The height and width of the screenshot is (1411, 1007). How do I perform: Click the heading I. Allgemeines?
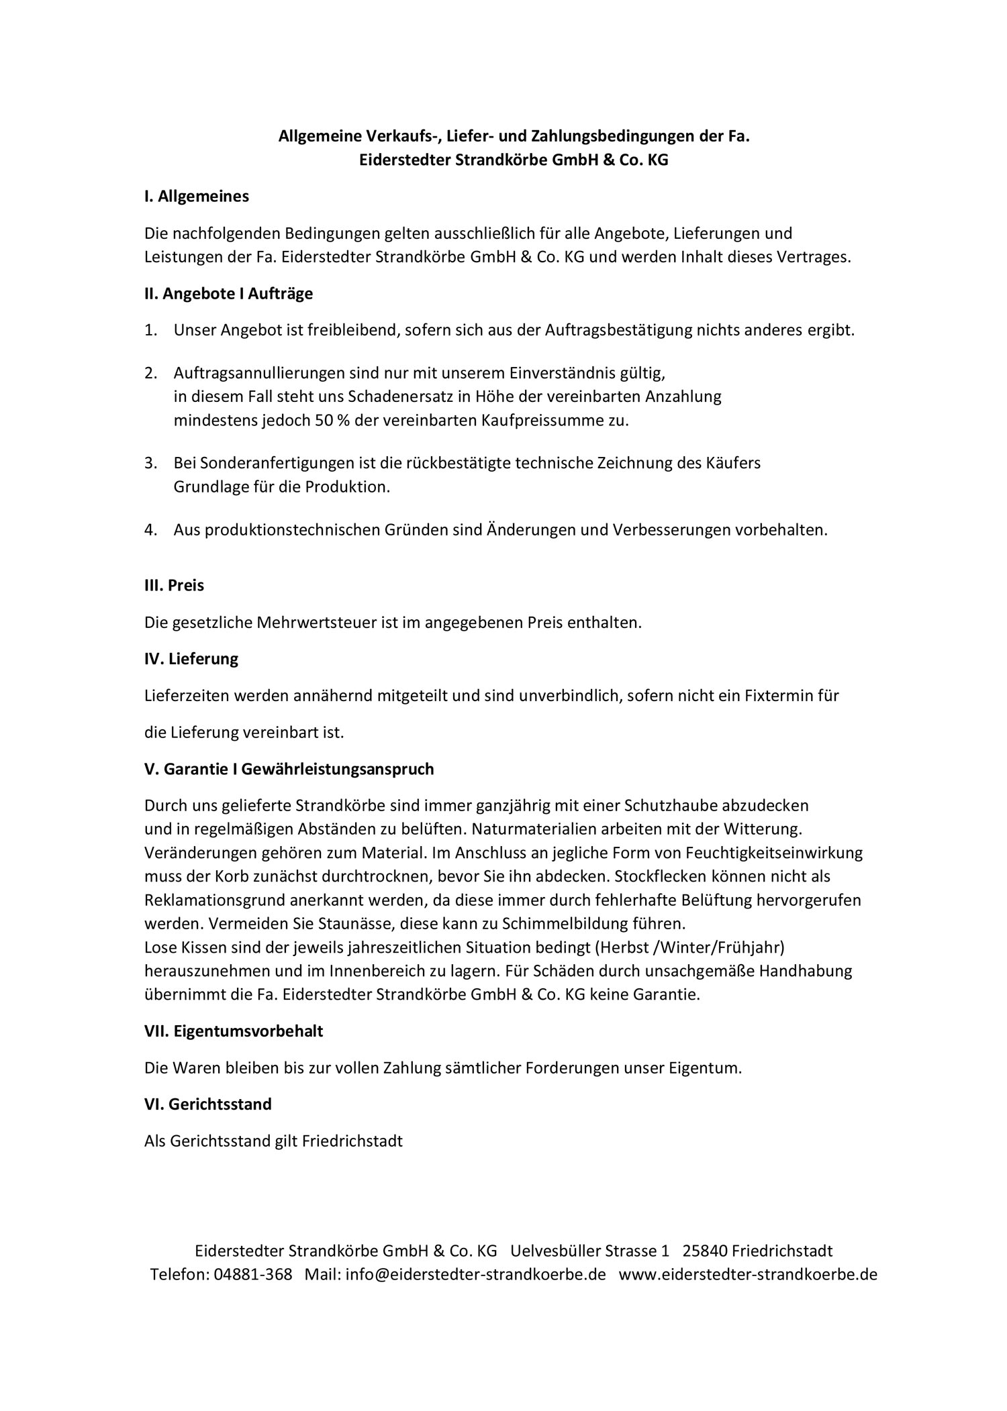196,197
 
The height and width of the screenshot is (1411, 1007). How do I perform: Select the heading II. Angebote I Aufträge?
228,293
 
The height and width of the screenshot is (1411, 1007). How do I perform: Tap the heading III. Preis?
174,585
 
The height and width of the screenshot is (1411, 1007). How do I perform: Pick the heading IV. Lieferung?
191,659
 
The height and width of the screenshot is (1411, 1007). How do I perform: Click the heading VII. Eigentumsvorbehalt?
234,1031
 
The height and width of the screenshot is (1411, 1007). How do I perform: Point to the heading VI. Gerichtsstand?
208,1104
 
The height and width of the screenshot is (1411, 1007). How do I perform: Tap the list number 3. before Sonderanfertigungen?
150,463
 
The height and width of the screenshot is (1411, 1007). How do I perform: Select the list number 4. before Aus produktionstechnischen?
150,530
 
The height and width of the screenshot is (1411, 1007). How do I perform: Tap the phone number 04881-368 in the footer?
253,1274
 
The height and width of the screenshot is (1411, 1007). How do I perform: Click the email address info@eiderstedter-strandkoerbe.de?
475,1274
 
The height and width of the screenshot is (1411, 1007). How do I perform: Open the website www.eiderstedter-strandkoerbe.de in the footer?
748,1274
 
